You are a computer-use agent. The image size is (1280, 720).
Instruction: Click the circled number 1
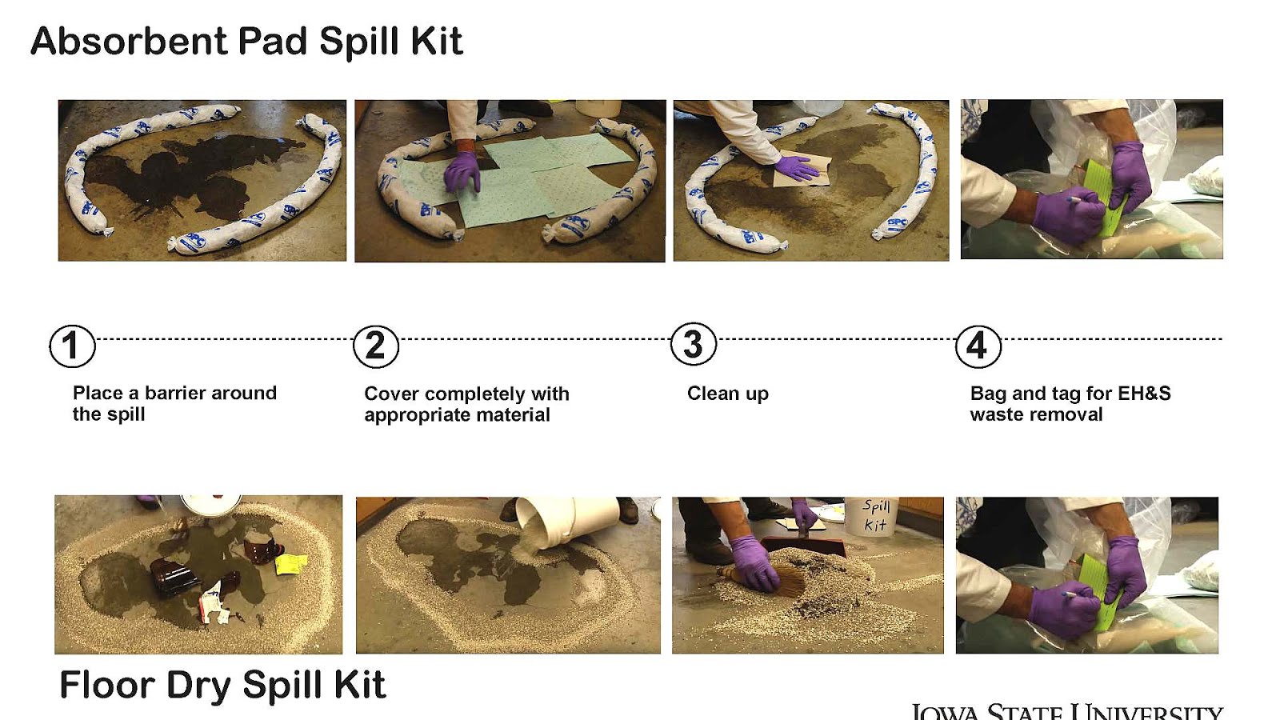pyautogui.click(x=72, y=346)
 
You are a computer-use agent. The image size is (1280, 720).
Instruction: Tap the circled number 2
pyautogui.click(x=375, y=346)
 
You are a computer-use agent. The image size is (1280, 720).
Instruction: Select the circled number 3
pyautogui.click(x=693, y=345)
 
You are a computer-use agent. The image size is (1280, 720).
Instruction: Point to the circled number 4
pyautogui.click(x=978, y=346)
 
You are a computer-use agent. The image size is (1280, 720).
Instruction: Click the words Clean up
pyautogui.click(x=727, y=394)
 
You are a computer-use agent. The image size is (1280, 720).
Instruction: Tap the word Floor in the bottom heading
pyautogui.click(x=107, y=686)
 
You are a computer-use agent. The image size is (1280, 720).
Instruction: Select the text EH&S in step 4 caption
pyautogui.click(x=1144, y=393)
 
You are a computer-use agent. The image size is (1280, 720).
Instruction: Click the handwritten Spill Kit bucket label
pyautogui.click(x=875, y=515)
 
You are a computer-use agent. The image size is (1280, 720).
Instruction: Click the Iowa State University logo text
pyautogui.click(x=1066, y=710)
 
